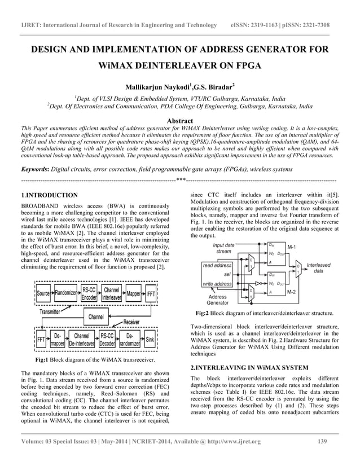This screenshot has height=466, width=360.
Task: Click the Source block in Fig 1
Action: point(43,294)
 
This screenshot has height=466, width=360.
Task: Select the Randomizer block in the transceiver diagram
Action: point(66,294)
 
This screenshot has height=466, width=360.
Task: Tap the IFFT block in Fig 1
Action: point(151,294)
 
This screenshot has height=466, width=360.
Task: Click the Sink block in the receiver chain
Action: point(150,339)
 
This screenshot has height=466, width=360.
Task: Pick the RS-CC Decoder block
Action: point(107,339)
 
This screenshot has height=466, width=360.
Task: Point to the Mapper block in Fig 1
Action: point(133,294)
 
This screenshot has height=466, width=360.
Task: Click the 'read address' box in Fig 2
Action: point(217,265)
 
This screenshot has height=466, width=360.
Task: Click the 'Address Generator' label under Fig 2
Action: point(218,300)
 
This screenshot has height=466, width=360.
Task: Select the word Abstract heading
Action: point(179,120)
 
